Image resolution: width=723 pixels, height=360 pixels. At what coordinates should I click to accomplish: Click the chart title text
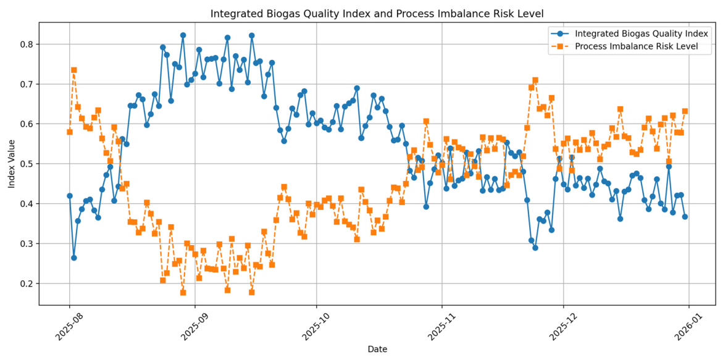point(377,14)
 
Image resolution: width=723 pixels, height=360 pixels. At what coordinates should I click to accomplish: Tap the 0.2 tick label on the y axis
point(28,283)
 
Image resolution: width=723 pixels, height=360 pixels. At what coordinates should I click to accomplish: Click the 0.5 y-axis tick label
point(28,164)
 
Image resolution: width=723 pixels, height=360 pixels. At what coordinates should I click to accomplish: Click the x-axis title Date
point(377,350)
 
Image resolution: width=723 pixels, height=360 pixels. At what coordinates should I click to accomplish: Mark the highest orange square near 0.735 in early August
point(73,70)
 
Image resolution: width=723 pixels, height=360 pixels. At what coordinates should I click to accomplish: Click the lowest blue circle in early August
point(73,257)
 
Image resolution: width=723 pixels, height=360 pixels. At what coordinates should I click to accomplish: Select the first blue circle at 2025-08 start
point(70,196)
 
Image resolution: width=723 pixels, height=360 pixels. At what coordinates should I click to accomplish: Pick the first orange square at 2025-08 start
point(70,132)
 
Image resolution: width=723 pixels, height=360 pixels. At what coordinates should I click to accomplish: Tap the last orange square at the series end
point(685,111)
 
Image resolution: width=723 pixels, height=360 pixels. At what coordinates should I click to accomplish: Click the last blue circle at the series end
point(685,217)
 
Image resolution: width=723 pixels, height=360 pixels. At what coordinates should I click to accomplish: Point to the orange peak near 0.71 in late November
point(535,80)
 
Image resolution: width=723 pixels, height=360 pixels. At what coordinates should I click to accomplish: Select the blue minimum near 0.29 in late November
point(535,248)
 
